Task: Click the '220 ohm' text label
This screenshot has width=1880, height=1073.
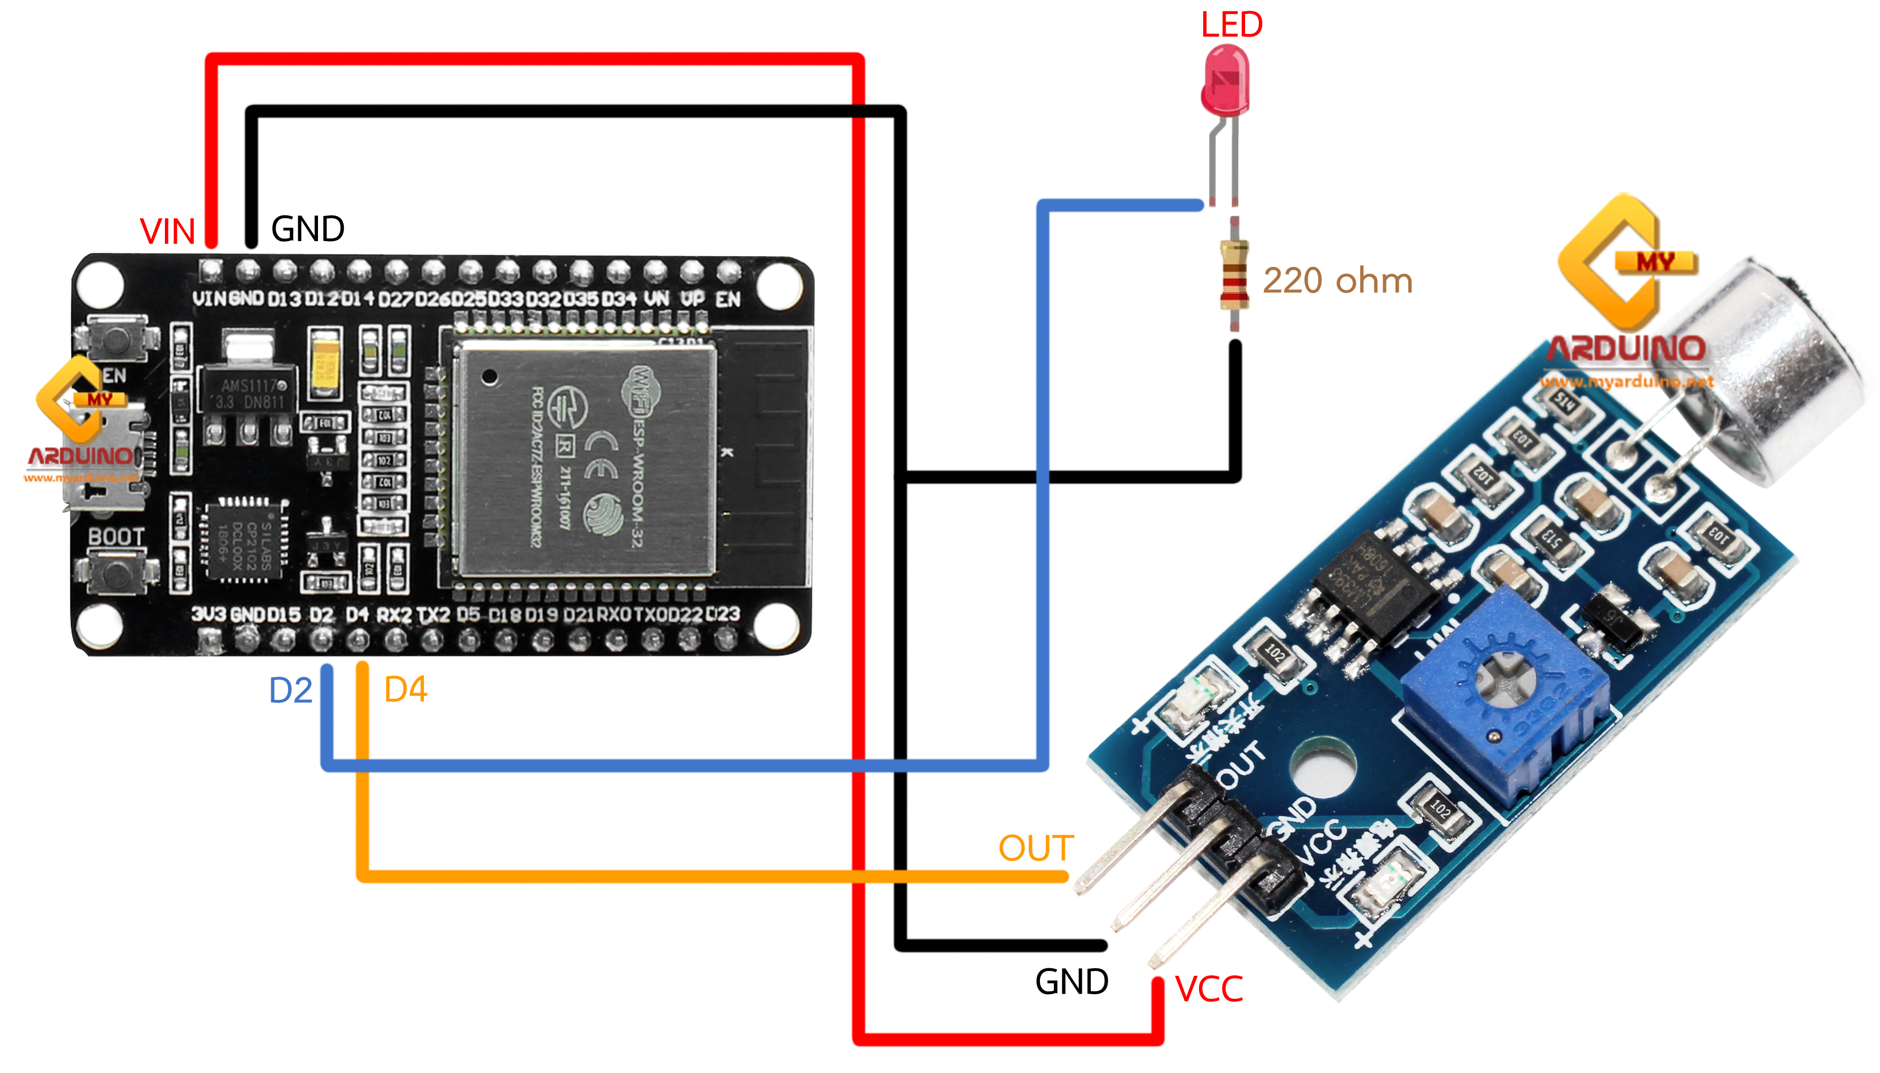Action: [x=1337, y=281]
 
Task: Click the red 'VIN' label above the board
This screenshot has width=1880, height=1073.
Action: [x=167, y=232]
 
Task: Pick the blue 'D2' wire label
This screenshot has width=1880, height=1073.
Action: [x=291, y=691]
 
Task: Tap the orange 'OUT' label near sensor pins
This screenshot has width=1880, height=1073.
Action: [x=1036, y=847]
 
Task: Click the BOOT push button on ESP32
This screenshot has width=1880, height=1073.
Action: [x=115, y=572]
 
